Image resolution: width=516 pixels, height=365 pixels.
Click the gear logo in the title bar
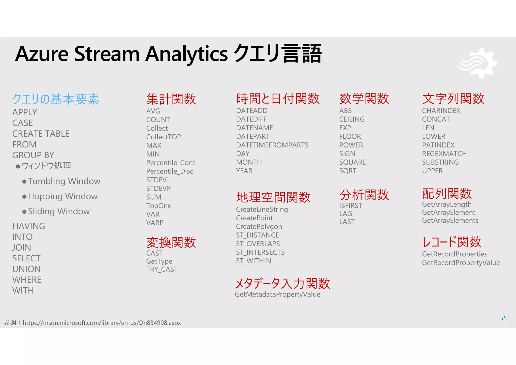tap(478, 63)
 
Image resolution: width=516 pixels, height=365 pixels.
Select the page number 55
tap(503, 318)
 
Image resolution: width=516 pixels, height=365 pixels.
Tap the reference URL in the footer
tap(102, 323)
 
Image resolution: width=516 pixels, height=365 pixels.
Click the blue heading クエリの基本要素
tap(56, 99)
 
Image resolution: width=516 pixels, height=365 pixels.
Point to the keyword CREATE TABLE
tap(41, 134)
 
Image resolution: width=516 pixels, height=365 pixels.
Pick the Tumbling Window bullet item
tap(64, 181)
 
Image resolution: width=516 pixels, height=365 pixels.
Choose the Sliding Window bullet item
tap(59, 211)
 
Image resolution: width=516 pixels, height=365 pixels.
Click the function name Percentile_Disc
tap(170, 171)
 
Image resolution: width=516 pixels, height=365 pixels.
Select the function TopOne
tap(159, 206)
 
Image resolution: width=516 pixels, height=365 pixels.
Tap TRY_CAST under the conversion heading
tap(162, 269)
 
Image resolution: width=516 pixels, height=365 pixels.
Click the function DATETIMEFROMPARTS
tap(272, 145)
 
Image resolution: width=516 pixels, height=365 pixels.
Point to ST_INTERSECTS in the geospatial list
tap(260, 252)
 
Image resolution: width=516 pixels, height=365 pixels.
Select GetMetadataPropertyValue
tap(277, 294)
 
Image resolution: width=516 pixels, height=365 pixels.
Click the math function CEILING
tap(352, 119)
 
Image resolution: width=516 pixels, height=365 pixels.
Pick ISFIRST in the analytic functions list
tap(350, 206)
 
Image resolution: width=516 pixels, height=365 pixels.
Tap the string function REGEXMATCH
tap(444, 154)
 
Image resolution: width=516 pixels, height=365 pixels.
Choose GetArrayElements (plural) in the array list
tap(450, 221)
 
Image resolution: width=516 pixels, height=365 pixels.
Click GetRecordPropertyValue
tap(461, 263)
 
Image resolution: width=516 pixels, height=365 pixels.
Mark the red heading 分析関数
tap(364, 195)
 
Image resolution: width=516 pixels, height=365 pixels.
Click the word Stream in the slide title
tap(107, 54)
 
